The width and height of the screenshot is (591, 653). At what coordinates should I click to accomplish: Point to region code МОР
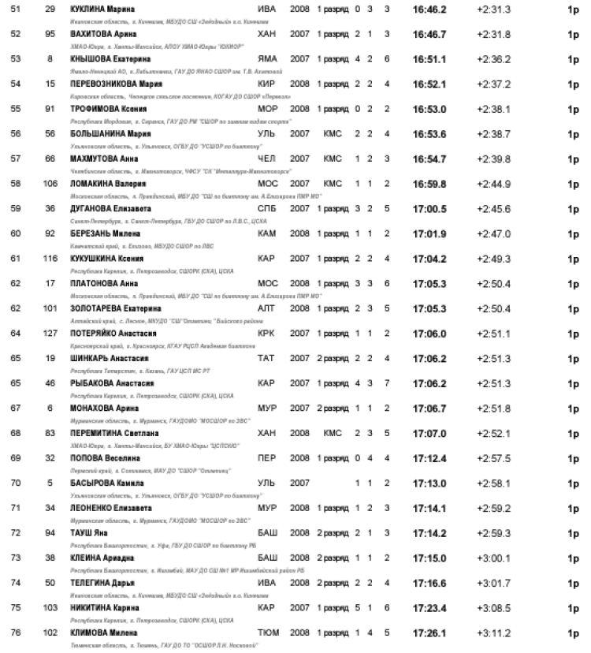(x=268, y=109)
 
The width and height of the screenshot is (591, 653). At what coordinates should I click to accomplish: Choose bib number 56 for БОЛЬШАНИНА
(x=50, y=134)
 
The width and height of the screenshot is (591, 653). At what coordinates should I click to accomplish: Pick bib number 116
(x=50, y=258)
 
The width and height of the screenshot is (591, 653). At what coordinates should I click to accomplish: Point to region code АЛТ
(x=267, y=308)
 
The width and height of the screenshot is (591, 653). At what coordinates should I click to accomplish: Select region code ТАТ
(x=266, y=358)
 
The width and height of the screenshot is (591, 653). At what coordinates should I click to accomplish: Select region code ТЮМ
(x=268, y=632)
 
